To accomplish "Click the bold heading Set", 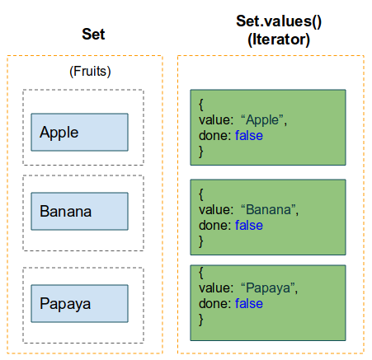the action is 93,35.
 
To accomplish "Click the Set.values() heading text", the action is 279,21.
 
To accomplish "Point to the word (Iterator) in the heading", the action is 279,40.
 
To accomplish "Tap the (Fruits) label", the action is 90,72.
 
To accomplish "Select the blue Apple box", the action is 79,132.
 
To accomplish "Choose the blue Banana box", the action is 79,211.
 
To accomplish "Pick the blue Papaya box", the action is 79,303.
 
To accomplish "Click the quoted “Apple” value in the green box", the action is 264,120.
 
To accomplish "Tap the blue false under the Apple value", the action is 249,136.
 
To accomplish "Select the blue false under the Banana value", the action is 249,226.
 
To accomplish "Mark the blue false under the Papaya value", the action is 249,304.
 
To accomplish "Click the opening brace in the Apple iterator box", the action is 201,105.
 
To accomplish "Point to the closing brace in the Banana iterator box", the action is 201,241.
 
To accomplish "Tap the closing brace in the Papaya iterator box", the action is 201,320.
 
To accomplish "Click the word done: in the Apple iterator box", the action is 215,136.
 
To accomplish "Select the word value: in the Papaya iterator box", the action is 216,288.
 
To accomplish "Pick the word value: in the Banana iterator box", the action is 216,210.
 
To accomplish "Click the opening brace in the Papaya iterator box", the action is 201,273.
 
